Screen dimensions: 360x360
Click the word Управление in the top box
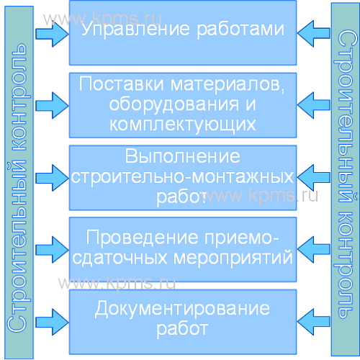(135, 30)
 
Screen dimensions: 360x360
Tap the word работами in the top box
(240, 30)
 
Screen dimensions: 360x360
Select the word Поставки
(122, 84)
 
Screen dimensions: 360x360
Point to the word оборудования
(174, 104)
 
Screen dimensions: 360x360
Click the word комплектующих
(183, 125)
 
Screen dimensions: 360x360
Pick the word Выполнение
(182, 156)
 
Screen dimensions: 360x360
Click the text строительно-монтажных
(182, 177)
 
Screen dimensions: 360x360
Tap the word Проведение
(143, 238)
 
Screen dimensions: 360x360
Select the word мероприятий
(233, 258)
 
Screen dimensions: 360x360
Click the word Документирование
(182, 309)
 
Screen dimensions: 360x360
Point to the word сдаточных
(120, 258)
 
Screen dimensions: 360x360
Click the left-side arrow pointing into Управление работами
(52, 34)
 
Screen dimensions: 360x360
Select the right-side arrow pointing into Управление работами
(313, 34)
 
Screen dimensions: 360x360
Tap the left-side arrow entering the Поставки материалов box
(52, 105)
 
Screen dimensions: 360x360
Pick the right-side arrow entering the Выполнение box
(313, 178)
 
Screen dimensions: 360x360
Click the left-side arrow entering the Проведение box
(52, 250)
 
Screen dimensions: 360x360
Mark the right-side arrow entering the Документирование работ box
(313, 322)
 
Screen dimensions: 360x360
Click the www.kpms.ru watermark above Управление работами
(102, 19)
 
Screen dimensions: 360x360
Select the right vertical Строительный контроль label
(346, 174)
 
